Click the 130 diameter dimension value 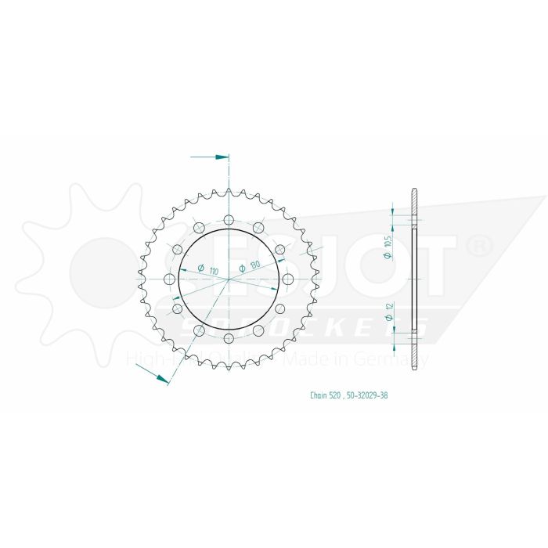257,267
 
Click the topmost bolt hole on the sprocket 228,219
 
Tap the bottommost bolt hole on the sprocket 228,338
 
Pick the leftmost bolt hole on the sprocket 169,279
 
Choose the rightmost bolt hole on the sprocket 287,279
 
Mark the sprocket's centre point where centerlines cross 228,279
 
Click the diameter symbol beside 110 201,269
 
